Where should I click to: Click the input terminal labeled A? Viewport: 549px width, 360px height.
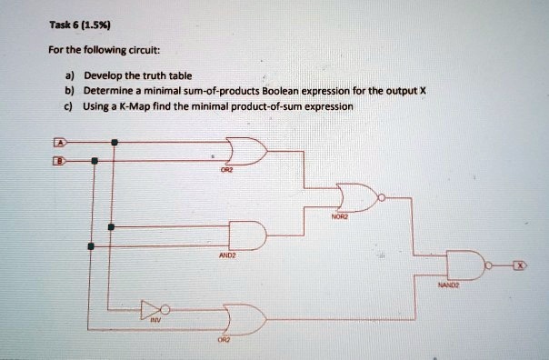click(61, 143)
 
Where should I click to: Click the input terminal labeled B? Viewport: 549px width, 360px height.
click(61, 159)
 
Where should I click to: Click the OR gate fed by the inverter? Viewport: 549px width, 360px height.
click(246, 319)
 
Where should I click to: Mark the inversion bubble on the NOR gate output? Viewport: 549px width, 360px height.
click(383, 196)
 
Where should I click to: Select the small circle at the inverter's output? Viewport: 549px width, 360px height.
click(164, 307)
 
